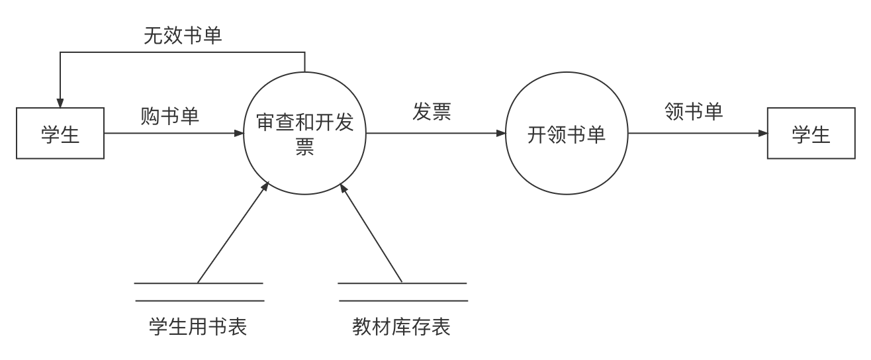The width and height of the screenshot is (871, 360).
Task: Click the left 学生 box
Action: [x=60, y=134]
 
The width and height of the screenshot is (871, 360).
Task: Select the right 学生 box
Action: [x=811, y=134]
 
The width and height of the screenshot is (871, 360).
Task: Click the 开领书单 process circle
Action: [x=567, y=134]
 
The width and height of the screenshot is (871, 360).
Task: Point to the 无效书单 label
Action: [x=183, y=36]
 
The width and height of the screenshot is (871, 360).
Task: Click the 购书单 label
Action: [x=170, y=116]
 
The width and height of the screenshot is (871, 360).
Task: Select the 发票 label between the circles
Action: [x=432, y=112]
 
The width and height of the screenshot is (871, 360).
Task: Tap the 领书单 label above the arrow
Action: [x=693, y=111]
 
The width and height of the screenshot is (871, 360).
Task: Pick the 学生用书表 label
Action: [x=198, y=326]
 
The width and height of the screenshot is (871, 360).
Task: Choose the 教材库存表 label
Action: [x=401, y=326]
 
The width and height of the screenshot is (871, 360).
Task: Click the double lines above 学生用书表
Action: [x=199, y=292]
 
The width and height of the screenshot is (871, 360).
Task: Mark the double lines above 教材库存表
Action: [x=402, y=292]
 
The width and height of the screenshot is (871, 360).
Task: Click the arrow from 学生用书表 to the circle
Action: [x=233, y=233]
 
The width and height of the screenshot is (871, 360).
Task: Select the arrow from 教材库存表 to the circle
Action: [x=371, y=233]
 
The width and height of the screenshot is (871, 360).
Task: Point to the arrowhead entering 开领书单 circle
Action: [x=502, y=133]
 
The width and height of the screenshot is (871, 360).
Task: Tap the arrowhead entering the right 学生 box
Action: [x=763, y=133]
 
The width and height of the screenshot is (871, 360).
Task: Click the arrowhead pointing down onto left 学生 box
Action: [x=60, y=103]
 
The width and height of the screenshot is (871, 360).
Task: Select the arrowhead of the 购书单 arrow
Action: [x=240, y=133]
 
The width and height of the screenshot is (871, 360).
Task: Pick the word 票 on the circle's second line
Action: [x=304, y=147]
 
